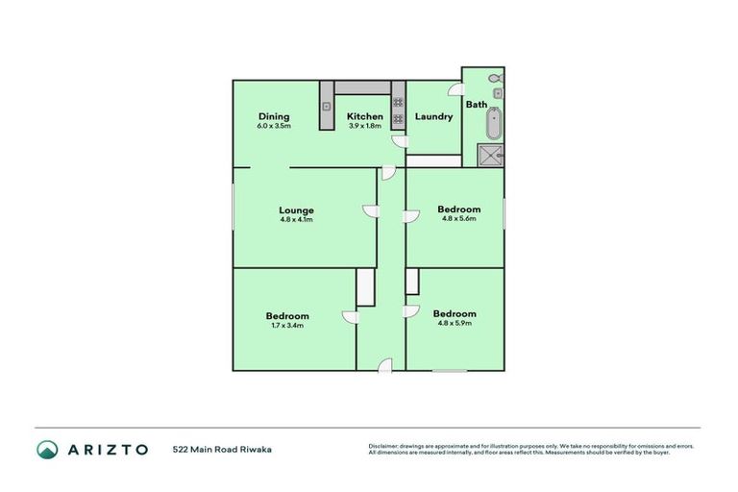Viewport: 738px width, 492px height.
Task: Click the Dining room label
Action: pyautogui.click(x=273, y=116)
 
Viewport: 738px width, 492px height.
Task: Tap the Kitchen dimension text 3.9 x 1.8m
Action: pyautogui.click(x=364, y=126)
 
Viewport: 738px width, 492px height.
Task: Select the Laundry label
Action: pyautogui.click(x=433, y=117)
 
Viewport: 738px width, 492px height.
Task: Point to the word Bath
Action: pyautogui.click(x=477, y=105)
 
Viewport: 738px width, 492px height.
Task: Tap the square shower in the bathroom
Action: pyautogui.click(x=490, y=155)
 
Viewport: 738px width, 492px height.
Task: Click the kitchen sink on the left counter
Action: pyautogui.click(x=327, y=106)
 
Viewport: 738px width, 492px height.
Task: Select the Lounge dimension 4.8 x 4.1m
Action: pyautogui.click(x=296, y=220)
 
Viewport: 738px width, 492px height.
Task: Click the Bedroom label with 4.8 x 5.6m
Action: pyautogui.click(x=458, y=209)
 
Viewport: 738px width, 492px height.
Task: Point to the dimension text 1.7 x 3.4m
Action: pyautogui.click(x=287, y=326)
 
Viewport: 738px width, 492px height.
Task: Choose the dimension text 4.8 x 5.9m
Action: pyautogui.click(x=455, y=323)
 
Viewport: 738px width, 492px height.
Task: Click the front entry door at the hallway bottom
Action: pyautogui.click(x=384, y=364)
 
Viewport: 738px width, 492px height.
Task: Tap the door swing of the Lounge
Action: pyautogui.click(x=369, y=211)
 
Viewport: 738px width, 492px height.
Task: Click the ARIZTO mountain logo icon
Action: pyautogui.click(x=47, y=449)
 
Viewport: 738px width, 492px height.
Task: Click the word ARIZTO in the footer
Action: pyautogui.click(x=108, y=449)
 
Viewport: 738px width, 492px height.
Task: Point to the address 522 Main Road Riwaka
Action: pyautogui.click(x=222, y=449)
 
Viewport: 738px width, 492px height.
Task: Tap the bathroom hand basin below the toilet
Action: pyautogui.click(x=499, y=93)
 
